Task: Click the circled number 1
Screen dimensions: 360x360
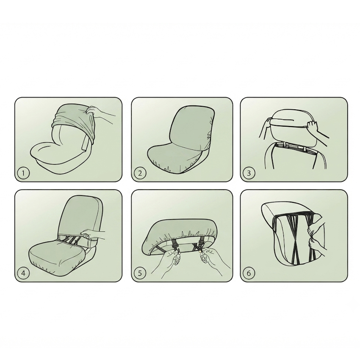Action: click(23, 173)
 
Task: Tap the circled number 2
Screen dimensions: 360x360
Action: click(140, 173)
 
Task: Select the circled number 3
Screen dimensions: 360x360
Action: click(249, 173)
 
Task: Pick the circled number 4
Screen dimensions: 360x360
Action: click(23, 273)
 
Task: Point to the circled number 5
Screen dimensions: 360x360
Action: click(140, 273)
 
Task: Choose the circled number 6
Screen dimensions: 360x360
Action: click(249, 273)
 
